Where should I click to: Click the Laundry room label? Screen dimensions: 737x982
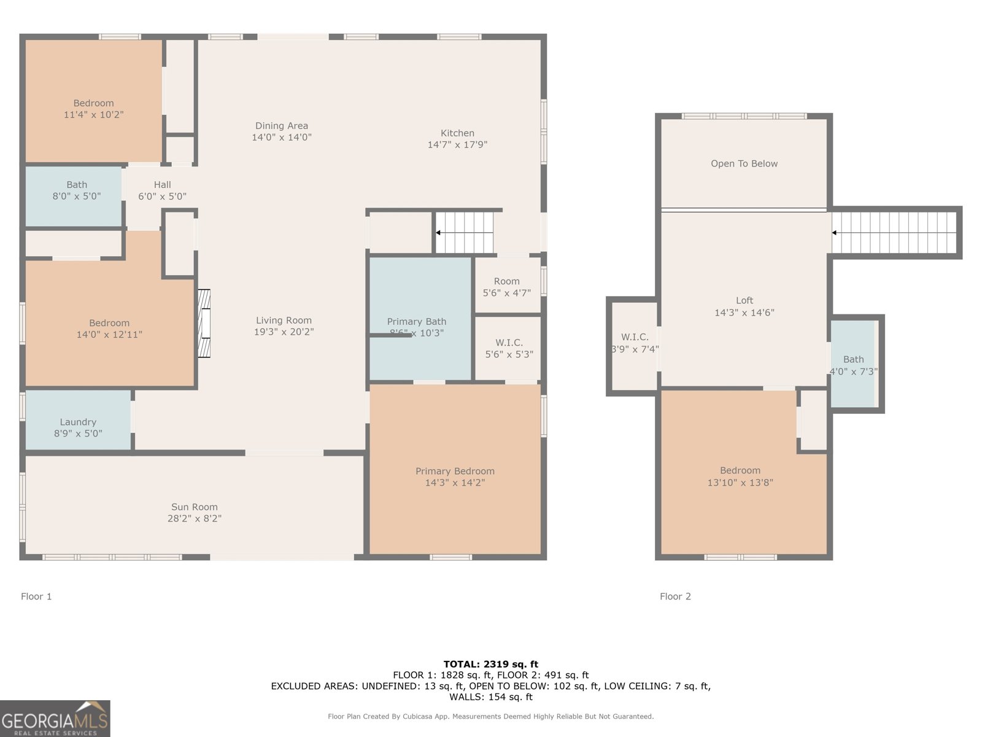78,422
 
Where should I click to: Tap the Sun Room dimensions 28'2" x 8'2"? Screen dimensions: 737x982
195,518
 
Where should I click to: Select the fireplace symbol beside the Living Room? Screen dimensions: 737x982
203,324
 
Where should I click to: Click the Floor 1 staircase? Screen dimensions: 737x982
465,233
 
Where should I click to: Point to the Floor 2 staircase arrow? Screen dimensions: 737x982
834,233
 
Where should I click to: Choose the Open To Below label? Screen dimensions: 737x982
744,163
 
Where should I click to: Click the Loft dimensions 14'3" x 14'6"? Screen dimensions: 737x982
744,313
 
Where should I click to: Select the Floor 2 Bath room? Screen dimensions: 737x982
853,365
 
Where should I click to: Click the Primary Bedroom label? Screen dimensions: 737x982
455,471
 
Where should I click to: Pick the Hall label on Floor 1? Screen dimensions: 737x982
162,184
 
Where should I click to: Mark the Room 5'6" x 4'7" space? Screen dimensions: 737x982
506,286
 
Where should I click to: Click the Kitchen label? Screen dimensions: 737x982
457,133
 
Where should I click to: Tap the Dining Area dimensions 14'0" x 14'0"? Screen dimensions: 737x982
282,138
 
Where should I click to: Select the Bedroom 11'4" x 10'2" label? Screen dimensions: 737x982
93,103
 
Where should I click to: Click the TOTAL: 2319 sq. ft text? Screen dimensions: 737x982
490,664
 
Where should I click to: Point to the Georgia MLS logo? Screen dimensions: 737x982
55,719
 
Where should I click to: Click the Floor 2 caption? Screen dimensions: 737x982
675,596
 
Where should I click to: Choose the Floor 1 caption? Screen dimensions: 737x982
36,596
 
